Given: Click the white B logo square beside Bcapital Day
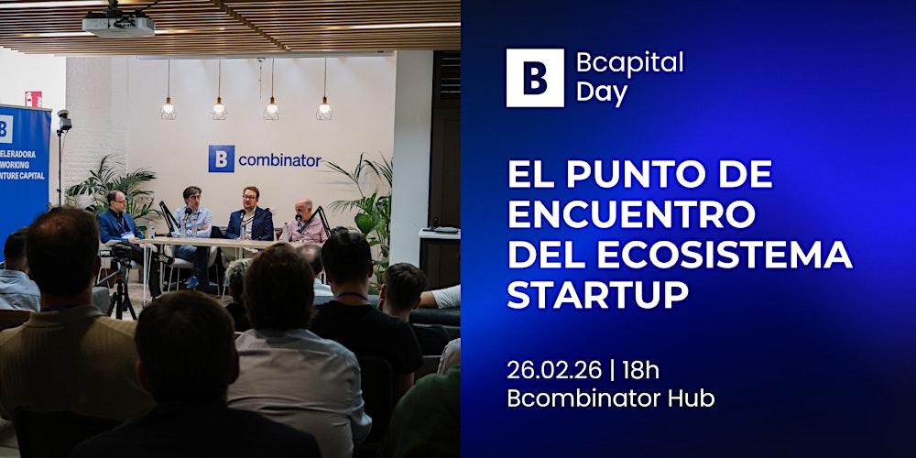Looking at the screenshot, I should pyautogui.click(x=535, y=78).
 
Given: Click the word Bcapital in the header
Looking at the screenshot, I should pyautogui.click(x=629, y=63).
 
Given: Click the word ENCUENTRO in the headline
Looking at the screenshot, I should pyautogui.click(x=632, y=214).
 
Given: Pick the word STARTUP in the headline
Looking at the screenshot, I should pyautogui.click(x=597, y=295).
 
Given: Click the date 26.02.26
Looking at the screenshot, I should pyautogui.click(x=554, y=370).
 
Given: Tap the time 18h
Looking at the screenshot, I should pyautogui.click(x=639, y=370).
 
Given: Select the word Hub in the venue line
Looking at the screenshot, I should pyautogui.click(x=692, y=398).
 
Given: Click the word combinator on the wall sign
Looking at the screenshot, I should pyautogui.click(x=279, y=160).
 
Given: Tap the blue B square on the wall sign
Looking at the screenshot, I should pyautogui.click(x=221, y=158).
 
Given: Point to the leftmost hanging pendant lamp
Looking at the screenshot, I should pyautogui.click(x=168, y=108).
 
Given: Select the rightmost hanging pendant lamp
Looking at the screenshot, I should pyautogui.click(x=324, y=108).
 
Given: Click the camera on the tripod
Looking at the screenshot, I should pyautogui.click(x=121, y=253).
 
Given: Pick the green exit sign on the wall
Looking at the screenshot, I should pyautogui.click(x=33, y=99).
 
